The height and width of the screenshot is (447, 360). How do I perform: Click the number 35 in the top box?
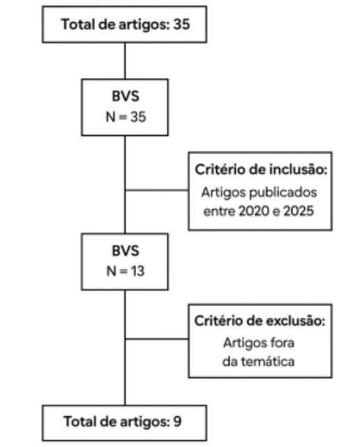[x=181, y=24]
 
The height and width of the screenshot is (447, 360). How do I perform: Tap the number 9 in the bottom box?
[x=177, y=421]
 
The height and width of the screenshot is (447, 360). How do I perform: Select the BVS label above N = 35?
[x=126, y=96]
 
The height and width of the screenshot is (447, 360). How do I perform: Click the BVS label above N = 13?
[x=126, y=250]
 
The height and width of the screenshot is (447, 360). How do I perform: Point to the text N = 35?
[x=126, y=117]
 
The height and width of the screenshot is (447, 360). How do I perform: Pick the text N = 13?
[x=126, y=271]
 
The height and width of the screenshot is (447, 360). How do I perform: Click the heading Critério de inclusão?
[x=261, y=169]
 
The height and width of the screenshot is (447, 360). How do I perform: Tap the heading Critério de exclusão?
[x=260, y=321]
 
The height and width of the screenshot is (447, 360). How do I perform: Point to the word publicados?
[x=283, y=193]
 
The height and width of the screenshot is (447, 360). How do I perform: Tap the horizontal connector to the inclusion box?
[x=156, y=190]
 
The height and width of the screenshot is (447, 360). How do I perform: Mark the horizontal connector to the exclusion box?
[x=156, y=339]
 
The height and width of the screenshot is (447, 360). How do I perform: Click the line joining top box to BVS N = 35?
[x=125, y=61]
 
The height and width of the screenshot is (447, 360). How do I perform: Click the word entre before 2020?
[x=219, y=211]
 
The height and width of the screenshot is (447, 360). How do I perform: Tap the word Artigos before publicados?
[x=224, y=193]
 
